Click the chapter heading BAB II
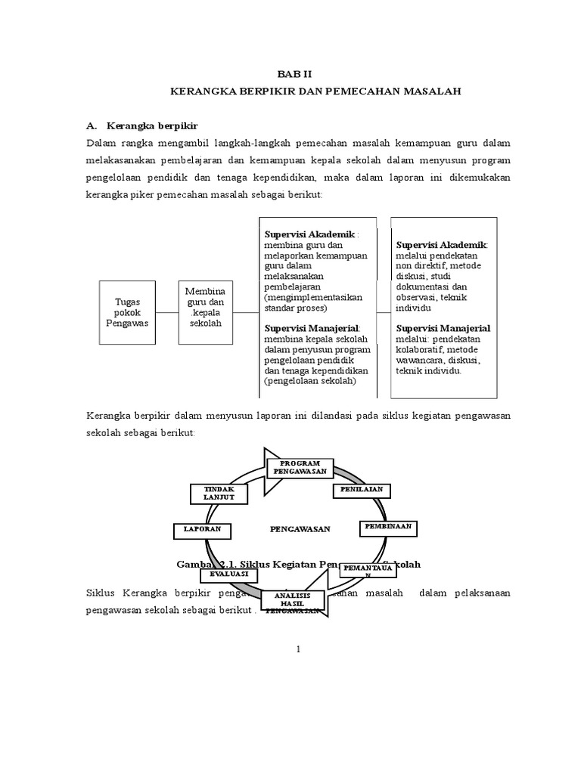(290, 75)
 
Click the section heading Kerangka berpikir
(152, 125)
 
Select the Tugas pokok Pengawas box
(127, 312)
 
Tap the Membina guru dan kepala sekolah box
(207, 306)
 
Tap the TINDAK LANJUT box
(219, 493)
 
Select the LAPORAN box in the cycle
(201, 529)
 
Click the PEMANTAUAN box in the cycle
(368, 570)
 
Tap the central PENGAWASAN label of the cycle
(300, 529)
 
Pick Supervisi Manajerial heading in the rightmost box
(443, 328)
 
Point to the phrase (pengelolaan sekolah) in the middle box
(310, 382)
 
